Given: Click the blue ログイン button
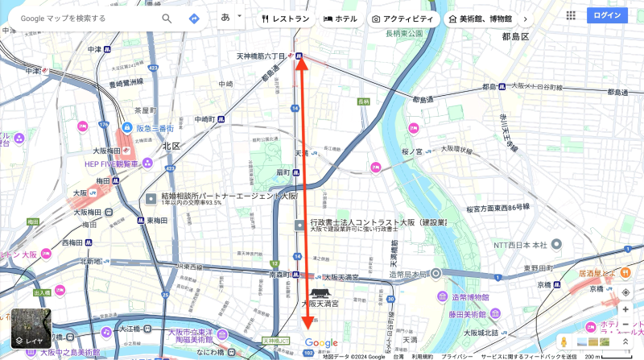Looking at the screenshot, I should (607, 15).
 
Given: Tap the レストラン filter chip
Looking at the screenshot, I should (286, 18).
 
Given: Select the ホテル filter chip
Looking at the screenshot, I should (341, 18).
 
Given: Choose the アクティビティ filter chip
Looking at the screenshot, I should (403, 18).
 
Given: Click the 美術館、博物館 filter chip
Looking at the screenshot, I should (480, 18).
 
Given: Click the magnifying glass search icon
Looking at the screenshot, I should (167, 18).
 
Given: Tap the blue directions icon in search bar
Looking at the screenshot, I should (194, 18).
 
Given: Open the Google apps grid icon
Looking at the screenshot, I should (571, 15).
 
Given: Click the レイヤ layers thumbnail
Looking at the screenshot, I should (31, 329).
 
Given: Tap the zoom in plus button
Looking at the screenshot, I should (625, 309).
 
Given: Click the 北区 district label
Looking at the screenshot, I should (171, 146).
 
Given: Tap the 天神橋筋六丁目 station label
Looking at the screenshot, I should (261, 56).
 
